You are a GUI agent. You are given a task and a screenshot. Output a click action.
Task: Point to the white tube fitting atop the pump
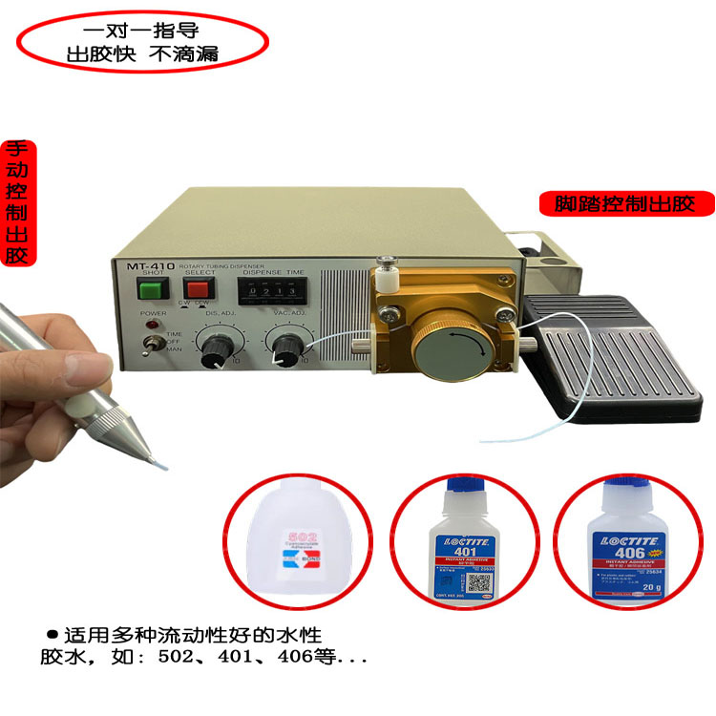pos(387,276)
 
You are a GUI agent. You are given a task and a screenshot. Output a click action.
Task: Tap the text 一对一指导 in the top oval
pos(141,30)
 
